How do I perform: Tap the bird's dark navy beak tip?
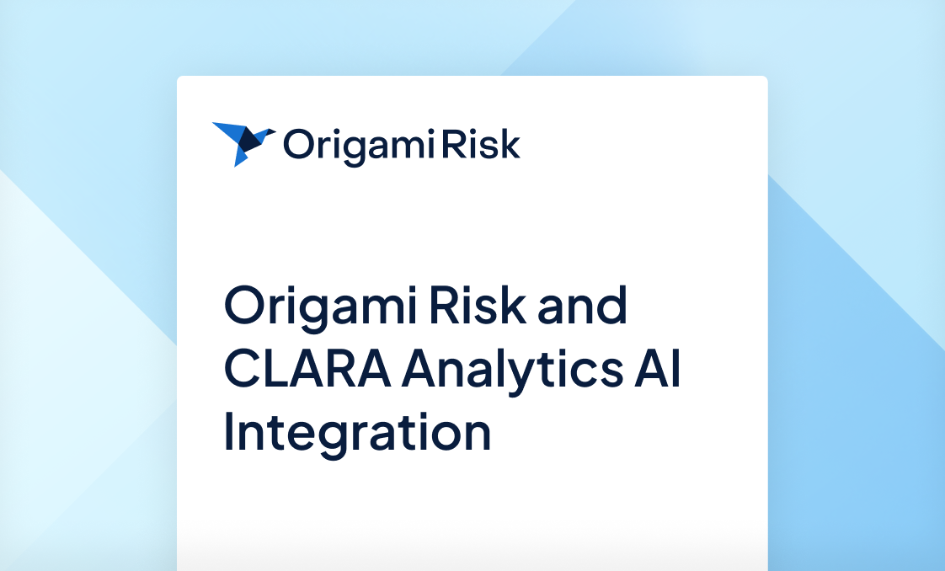pos(270,131)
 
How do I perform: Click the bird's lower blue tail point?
pos(238,161)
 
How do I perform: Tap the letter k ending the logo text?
pos(510,144)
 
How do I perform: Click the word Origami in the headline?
pos(320,307)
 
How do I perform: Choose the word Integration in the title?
pos(357,432)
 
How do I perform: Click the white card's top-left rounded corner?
pos(179,79)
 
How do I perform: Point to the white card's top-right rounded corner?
pos(765,79)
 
